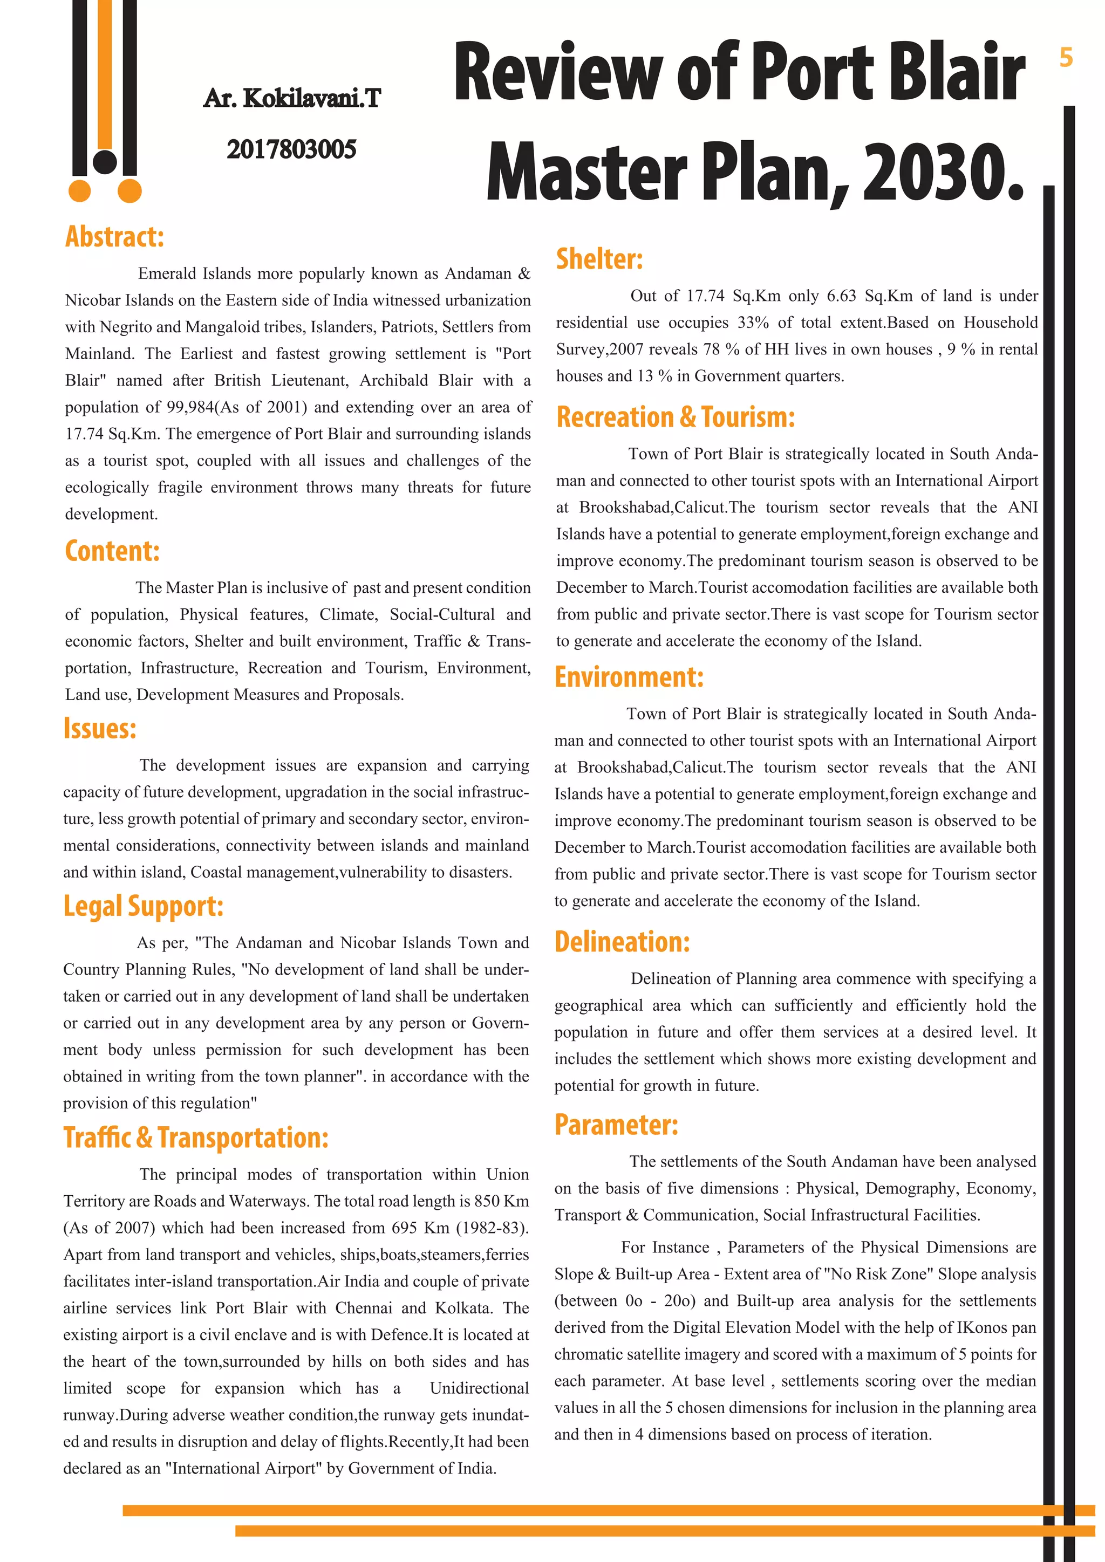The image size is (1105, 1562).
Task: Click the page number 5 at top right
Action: click(1066, 58)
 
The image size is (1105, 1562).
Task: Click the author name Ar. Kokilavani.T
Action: click(292, 99)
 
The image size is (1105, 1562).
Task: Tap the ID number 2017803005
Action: click(291, 149)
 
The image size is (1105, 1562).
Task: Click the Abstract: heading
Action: click(114, 237)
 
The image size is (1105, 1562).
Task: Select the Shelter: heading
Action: click(599, 259)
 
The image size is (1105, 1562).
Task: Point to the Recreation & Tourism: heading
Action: click(675, 417)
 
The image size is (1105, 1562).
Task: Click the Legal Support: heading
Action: click(143, 906)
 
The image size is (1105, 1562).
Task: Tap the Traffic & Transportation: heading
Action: click(196, 1138)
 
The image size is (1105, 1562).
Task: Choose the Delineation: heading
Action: click(622, 942)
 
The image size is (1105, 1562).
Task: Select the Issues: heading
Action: click(100, 729)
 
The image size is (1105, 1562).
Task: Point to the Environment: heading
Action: click(629, 677)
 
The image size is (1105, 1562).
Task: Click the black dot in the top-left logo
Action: click(105, 161)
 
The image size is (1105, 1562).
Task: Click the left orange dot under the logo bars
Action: click(80, 191)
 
